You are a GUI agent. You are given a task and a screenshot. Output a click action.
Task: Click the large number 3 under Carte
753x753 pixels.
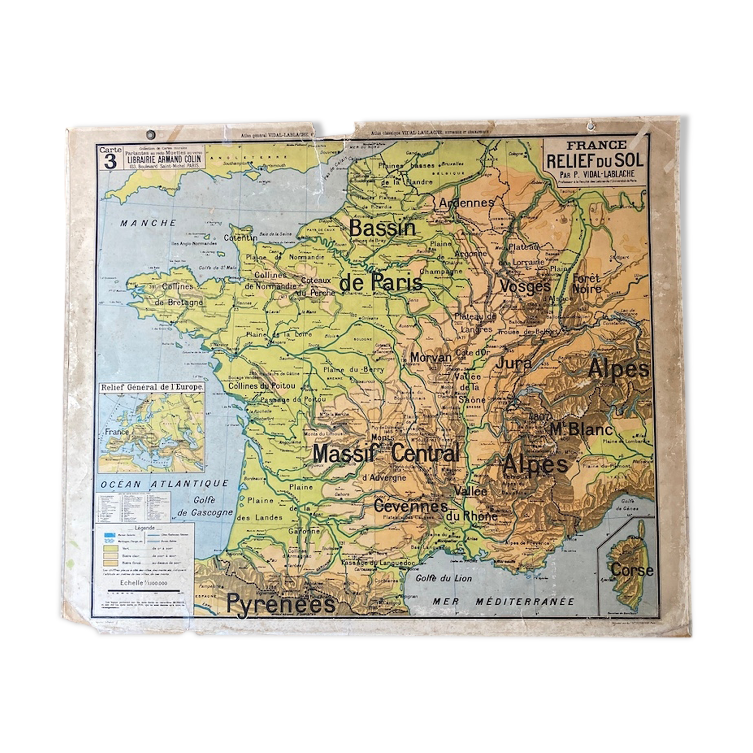coord(110,162)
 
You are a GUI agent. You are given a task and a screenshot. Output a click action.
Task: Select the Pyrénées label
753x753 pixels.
coord(281,603)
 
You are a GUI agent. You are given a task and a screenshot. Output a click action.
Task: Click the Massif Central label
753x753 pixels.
coord(386,454)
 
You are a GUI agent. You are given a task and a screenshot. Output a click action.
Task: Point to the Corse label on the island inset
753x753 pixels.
coord(632,570)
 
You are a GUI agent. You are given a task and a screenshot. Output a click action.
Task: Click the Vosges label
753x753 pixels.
coord(525,286)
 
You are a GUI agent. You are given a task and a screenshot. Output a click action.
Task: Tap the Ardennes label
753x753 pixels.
coord(467,203)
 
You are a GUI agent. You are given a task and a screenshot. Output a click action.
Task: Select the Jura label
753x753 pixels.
coord(513,363)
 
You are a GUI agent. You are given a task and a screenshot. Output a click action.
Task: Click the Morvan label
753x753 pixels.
coord(431,357)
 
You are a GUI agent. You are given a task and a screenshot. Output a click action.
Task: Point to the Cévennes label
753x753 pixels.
coord(410,505)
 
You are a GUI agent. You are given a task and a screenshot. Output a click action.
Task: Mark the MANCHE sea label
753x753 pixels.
coord(148,223)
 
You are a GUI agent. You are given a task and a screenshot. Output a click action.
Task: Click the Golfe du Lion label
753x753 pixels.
coord(443,578)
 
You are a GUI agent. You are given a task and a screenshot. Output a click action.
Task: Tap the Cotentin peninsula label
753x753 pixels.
coord(240,238)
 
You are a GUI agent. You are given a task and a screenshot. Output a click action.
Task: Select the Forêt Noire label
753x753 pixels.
coord(586,283)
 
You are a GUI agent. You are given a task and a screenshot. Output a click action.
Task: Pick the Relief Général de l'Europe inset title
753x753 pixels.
coord(151,387)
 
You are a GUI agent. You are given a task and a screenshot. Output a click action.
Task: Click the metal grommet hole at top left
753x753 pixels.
coord(151,135)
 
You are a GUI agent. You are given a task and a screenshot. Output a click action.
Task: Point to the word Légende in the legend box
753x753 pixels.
coord(145,528)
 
